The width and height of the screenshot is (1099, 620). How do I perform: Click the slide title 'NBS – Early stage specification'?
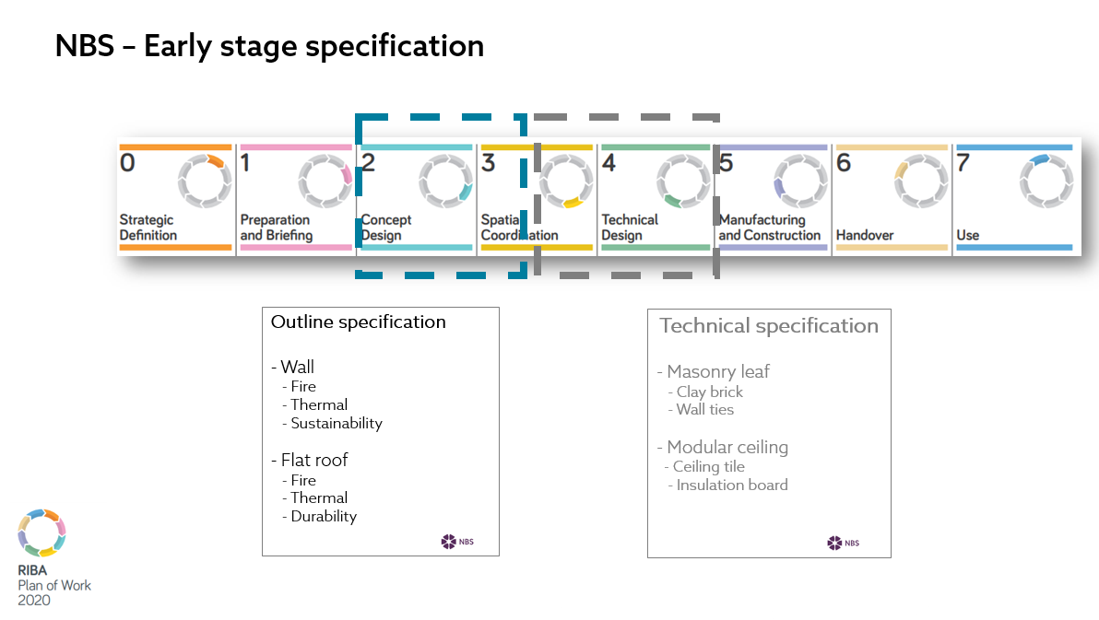[x=270, y=46]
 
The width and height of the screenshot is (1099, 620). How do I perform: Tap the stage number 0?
[x=127, y=162]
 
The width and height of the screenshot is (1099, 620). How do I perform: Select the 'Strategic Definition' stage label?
[x=148, y=228]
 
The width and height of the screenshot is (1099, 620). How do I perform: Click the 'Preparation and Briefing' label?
[x=277, y=228]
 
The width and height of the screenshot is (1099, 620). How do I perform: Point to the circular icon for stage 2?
[x=445, y=181]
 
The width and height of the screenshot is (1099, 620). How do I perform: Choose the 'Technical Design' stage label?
[x=630, y=228]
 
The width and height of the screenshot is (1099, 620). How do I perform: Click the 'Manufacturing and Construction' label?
[x=770, y=228]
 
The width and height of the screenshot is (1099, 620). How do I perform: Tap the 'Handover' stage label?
[x=864, y=236]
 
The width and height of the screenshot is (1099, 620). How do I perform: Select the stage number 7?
[x=963, y=162]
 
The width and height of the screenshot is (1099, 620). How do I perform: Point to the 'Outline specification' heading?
[x=358, y=322]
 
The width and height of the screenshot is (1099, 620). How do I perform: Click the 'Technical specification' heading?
[x=769, y=326]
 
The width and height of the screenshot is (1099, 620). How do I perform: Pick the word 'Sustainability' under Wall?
[x=337, y=424]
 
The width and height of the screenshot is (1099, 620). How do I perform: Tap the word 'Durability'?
[x=324, y=516]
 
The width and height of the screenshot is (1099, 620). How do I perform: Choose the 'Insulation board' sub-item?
[x=732, y=485]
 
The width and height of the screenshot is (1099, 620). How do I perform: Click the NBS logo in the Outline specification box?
[x=457, y=542]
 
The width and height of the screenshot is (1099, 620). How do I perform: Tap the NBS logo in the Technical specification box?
[x=844, y=543]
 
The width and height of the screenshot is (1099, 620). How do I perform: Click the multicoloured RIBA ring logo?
[x=42, y=533]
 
